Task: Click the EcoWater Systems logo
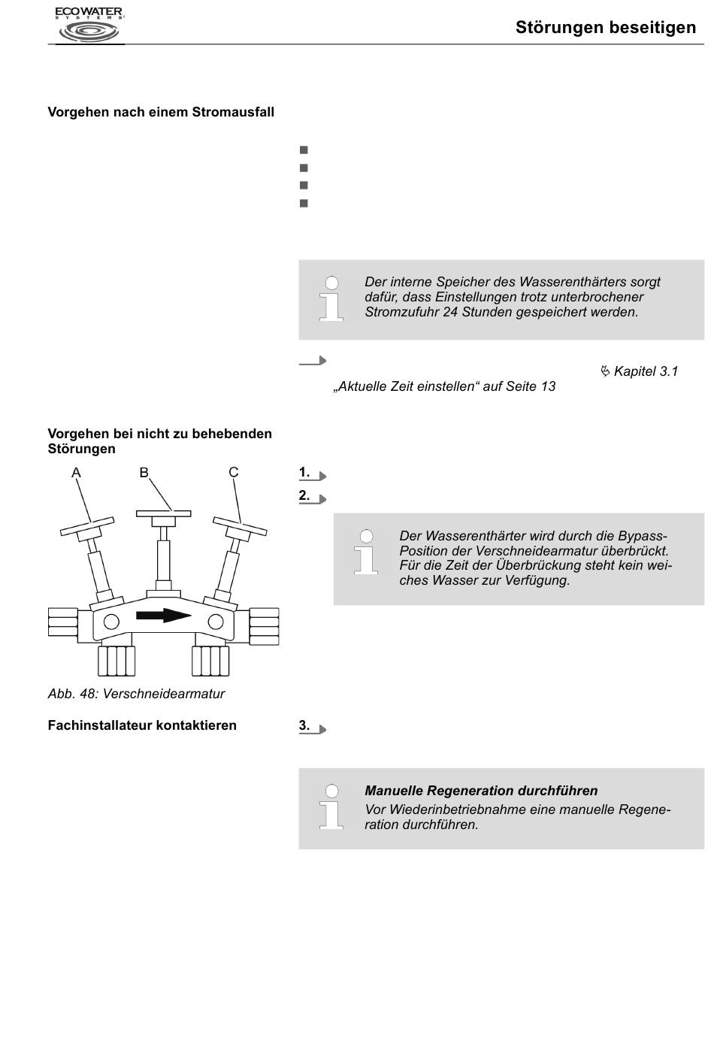click(x=89, y=25)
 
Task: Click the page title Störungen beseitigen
click(x=606, y=27)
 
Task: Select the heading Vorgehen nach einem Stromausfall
click(x=161, y=112)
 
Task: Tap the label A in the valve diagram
click(x=76, y=473)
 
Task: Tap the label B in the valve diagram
click(x=144, y=472)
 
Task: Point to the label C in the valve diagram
click(x=234, y=472)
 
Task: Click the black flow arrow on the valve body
click(x=164, y=616)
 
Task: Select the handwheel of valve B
click(x=164, y=514)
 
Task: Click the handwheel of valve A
click(x=87, y=526)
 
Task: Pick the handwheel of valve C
click(x=240, y=526)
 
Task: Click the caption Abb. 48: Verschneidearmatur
click(x=136, y=694)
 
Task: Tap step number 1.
click(x=304, y=472)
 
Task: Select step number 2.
click(x=304, y=495)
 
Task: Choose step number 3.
click(x=304, y=725)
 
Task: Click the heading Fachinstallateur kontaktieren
click(x=142, y=725)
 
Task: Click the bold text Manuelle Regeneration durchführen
click(x=481, y=790)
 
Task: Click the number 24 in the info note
click(x=450, y=312)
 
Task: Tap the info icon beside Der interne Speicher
click(x=331, y=298)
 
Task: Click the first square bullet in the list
click(x=304, y=150)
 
